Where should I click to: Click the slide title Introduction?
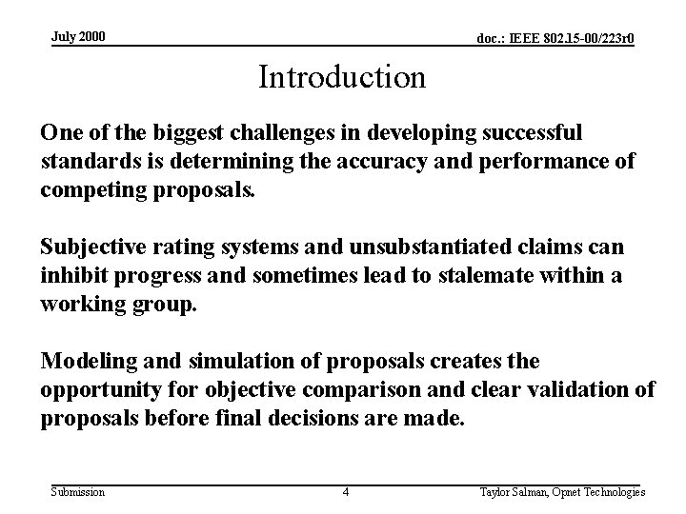click(x=342, y=77)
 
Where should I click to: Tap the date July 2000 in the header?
click(x=78, y=37)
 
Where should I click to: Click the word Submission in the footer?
click(x=78, y=492)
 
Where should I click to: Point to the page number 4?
click(x=345, y=492)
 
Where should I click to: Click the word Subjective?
click(x=90, y=248)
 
